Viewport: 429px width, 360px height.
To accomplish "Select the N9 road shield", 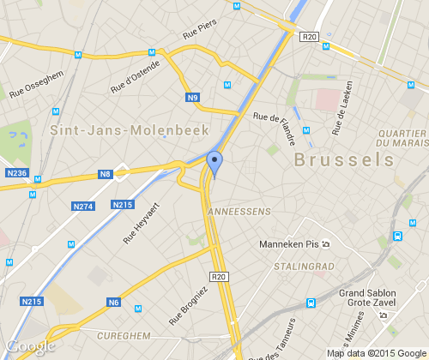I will pyautogui.click(x=194, y=99).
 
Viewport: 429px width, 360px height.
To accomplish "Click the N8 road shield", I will pyautogui.click(x=105, y=175).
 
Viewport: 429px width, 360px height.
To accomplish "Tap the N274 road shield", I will pyautogui.click(x=83, y=207).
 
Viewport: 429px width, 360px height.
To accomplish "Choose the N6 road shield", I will pyautogui.click(x=114, y=302).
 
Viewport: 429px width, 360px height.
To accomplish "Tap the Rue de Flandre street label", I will pyautogui.click(x=275, y=127).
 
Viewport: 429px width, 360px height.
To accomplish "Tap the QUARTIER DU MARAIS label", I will pyautogui.click(x=402, y=139).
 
